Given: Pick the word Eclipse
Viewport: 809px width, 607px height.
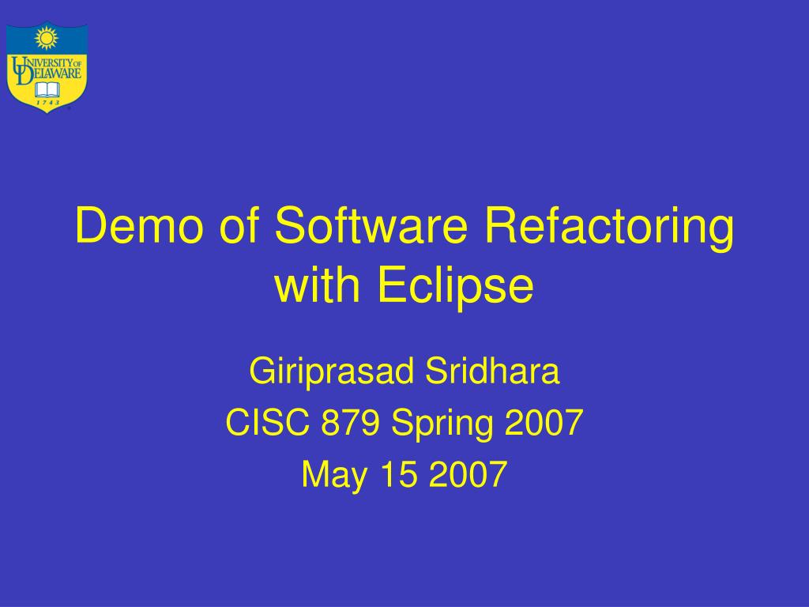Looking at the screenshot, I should [x=455, y=287].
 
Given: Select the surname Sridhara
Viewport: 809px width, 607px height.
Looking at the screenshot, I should [x=492, y=371].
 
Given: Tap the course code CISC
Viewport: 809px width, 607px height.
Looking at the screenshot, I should [x=267, y=424].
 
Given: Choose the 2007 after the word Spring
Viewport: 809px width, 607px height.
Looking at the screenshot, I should [x=544, y=424].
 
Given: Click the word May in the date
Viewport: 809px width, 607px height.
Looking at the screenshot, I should [x=331, y=475].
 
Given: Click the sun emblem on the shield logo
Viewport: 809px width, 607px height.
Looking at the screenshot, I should [x=47, y=37].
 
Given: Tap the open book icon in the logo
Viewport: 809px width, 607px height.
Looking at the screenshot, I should [x=47, y=89].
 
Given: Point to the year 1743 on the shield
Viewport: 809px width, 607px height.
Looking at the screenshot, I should [x=47, y=103].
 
